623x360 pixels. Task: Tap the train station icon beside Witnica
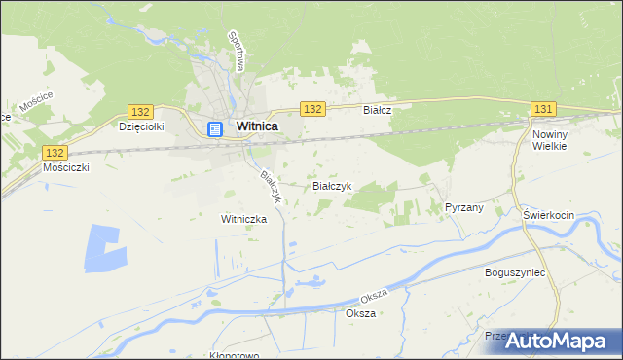point(216,127)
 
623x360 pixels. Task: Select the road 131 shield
point(543,110)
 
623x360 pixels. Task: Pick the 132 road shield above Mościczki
point(55,152)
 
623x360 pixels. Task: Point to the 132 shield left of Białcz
point(312,110)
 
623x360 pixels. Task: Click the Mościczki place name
point(67,167)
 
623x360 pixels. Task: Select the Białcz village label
point(377,111)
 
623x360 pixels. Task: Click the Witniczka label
point(243,219)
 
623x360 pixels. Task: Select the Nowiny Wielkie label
point(549,138)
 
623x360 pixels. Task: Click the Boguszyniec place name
point(515,273)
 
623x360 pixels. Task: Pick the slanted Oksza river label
point(374,294)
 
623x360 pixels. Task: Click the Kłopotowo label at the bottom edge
point(234,355)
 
